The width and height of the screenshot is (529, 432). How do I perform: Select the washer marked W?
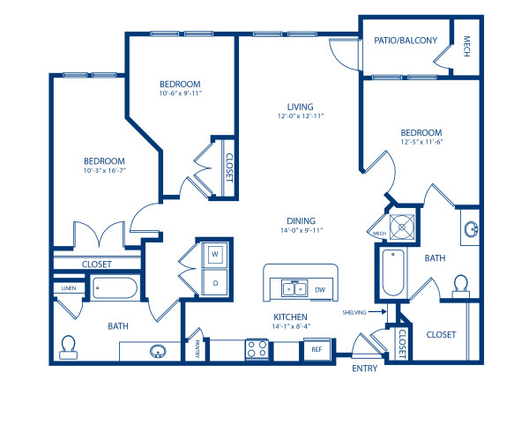[214, 255]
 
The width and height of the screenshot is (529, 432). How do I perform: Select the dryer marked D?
[214, 283]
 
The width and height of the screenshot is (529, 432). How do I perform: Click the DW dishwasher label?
[320, 289]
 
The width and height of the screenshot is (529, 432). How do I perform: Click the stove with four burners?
[257, 349]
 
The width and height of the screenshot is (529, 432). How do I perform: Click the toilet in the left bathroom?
[69, 346]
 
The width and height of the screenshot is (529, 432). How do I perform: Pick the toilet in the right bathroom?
[459, 286]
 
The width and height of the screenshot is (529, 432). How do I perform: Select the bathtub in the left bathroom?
[115, 288]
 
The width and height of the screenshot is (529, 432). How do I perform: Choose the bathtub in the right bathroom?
[392, 273]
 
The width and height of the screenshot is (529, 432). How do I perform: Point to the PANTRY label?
[197, 350]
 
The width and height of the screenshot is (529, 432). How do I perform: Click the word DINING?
[301, 221]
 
